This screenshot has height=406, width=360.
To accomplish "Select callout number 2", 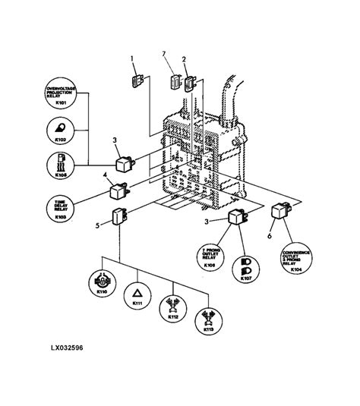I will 184,58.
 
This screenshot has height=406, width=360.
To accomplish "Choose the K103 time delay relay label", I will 61,209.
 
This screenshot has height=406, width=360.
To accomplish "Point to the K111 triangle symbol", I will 137,292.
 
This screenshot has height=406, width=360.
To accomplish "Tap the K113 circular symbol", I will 207,322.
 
